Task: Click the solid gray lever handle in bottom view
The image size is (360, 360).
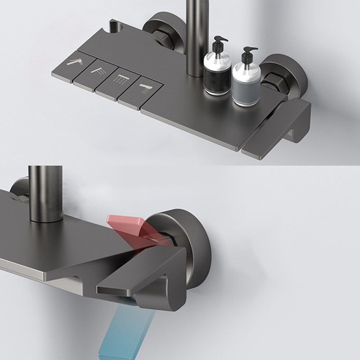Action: pyautogui.click(x=148, y=279)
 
